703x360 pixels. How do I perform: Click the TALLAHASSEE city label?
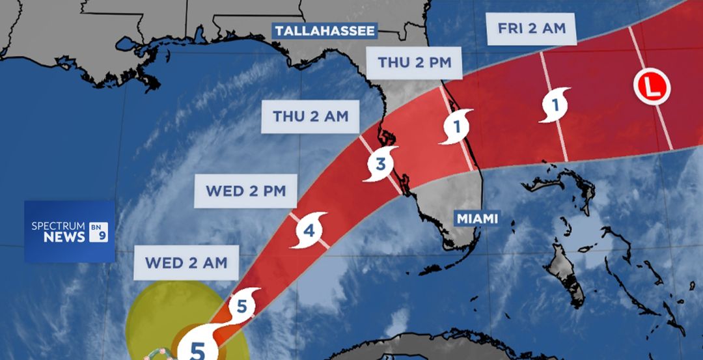point(325,31)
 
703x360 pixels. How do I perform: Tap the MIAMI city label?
point(476,219)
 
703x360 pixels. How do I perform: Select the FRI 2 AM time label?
point(532,29)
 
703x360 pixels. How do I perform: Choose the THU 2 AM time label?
point(310,117)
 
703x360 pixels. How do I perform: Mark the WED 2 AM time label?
point(186,262)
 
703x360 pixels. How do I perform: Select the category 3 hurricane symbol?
point(380,164)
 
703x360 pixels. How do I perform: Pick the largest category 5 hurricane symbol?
point(198,348)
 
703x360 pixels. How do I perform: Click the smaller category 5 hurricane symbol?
point(242,304)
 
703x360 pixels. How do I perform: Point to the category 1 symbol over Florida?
point(456,126)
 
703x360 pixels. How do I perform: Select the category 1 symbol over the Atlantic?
point(554,104)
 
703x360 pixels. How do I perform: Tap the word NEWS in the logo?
point(64,237)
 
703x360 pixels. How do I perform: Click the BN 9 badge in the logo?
point(98,231)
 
